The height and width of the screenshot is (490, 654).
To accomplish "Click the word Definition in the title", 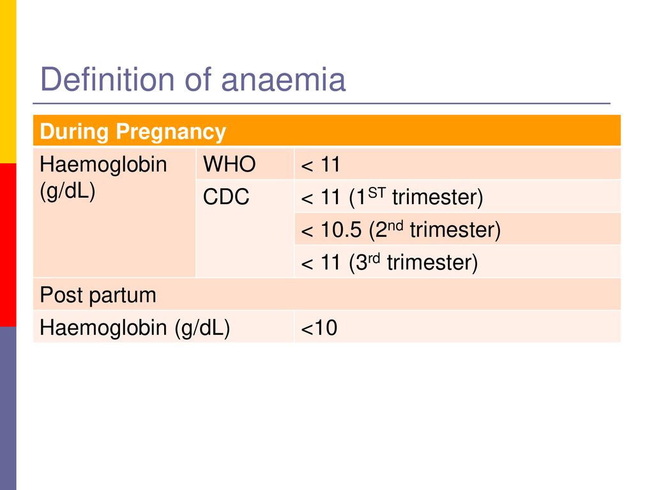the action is click(107, 79).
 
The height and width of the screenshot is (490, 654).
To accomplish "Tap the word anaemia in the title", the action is click(283, 80).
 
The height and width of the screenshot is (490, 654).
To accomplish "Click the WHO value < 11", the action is click(321, 164).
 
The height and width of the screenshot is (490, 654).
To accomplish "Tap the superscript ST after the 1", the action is click(377, 193).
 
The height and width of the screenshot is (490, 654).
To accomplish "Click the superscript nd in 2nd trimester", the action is click(395, 225).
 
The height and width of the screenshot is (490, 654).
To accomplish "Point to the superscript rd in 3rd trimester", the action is click(374, 258).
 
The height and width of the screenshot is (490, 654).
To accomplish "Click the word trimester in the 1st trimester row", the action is click(437, 197).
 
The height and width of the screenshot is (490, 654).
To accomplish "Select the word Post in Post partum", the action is click(61, 295).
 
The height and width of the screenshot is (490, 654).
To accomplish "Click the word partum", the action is click(123, 296).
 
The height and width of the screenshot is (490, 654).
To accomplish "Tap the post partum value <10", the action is click(319, 328).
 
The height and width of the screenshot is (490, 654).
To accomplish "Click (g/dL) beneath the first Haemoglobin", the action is click(68, 191).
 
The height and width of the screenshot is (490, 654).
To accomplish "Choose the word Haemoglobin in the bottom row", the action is click(103, 327).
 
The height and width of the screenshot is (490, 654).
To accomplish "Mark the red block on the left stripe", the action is click(8, 245).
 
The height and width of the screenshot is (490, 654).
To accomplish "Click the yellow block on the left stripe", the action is click(8, 82).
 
